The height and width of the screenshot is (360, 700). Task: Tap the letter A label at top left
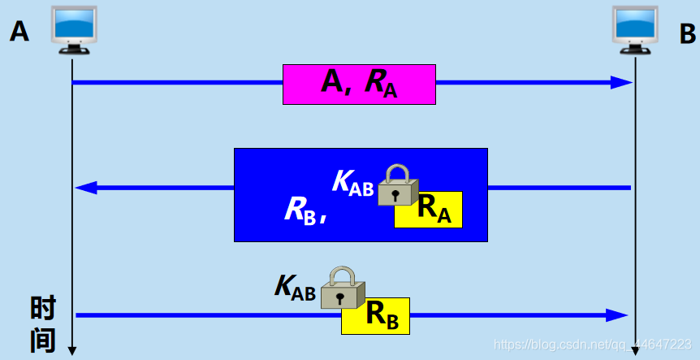pos(19,32)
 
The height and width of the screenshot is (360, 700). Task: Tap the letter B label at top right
pos(687,34)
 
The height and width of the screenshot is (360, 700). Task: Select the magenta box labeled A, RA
pos(359,84)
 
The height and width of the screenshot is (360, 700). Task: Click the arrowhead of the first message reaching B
pos(623,82)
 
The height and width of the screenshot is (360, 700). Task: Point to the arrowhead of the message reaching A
pos(84,188)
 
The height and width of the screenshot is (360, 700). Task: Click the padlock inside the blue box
pos(398,184)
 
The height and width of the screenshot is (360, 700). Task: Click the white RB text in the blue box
pos(303,210)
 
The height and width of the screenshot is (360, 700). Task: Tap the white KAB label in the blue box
pos(353,184)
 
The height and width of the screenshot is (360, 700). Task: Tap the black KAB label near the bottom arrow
pos(295,288)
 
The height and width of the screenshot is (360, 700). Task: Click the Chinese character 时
pos(43,310)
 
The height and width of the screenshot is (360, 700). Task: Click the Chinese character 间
pos(43,340)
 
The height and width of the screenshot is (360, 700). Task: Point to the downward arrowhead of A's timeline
pos(72,351)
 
